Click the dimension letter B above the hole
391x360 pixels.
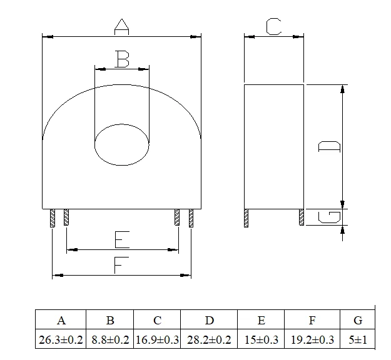click(x=123, y=60)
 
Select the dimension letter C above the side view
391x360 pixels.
click(x=273, y=26)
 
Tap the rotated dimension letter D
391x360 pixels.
click(x=330, y=146)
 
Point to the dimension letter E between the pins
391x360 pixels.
click(x=122, y=239)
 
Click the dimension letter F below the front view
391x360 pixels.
click(x=121, y=264)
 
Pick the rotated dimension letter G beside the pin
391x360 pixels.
click(x=330, y=217)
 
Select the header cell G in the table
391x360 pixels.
click(x=358, y=321)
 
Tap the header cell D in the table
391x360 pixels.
click(x=210, y=321)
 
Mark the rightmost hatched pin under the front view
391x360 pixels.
click(x=191, y=217)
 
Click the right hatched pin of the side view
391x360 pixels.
click(x=302, y=217)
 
